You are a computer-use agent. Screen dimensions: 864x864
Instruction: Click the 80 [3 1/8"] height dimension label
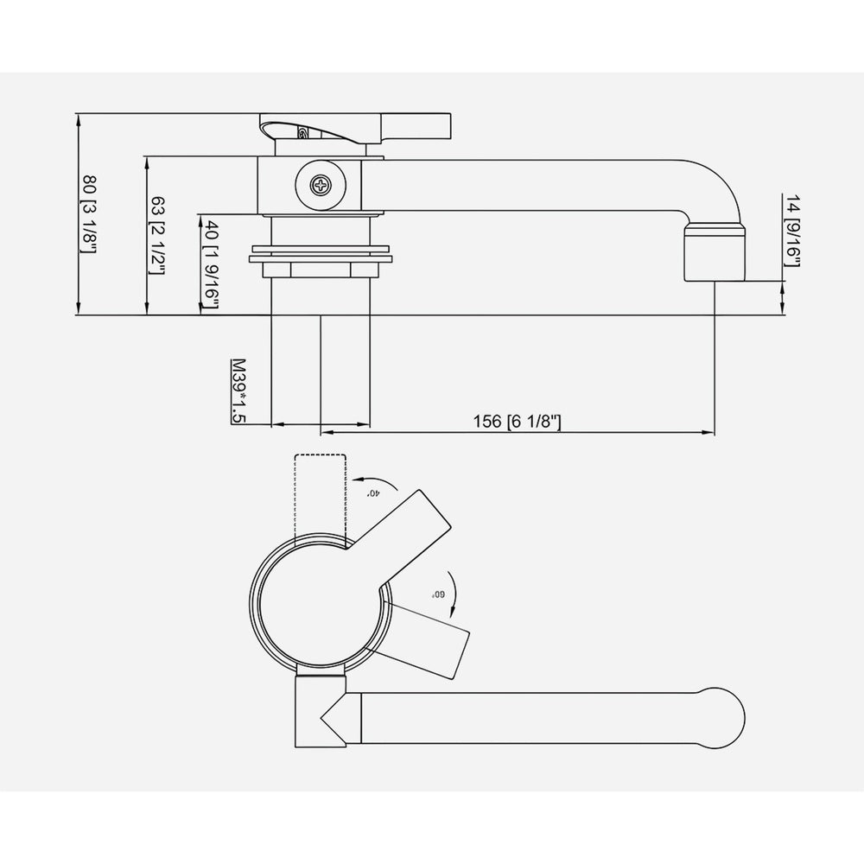(x=88, y=214)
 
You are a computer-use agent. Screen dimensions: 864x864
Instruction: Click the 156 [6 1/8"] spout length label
(x=518, y=421)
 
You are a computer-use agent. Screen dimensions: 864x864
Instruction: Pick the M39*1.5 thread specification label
(x=238, y=391)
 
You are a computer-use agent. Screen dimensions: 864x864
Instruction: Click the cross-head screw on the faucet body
(x=320, y=184)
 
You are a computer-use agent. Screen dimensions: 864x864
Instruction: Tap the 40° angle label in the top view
(x=373, y=492)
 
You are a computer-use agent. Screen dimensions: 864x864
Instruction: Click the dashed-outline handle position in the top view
(x=320, y=497)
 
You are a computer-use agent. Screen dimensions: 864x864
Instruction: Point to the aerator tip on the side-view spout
(x=714, y=251)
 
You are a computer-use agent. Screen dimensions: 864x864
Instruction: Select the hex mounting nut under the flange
(x=320, y=270)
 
